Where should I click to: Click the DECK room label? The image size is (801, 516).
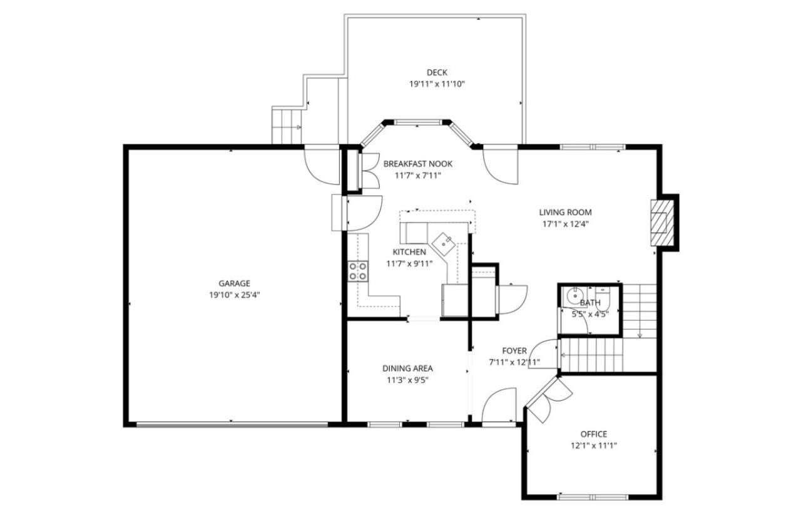[x=437, y=73]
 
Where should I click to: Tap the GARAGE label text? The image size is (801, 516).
[x=234, y=283]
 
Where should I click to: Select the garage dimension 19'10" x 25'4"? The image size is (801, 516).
[x=234, y=295]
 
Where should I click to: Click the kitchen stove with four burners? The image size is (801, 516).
[x=358, y=271]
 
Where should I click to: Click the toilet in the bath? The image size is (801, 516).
[x=603, y=293]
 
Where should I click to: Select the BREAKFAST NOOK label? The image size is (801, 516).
[x=417, y=164]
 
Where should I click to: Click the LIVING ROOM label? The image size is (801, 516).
[x=565, y=212]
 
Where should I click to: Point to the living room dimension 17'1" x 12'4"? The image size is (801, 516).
[x=565, y=224]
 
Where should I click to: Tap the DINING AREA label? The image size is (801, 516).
[x=407, y=368]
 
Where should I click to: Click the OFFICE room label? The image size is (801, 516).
[x=593, y=434]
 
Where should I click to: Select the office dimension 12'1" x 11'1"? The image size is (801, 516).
[x=593, y=446]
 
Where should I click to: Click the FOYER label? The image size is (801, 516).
[x=514, y=351]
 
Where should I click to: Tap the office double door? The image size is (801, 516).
[x=548, y=400]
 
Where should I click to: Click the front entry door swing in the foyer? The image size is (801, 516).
[x=500, y=405]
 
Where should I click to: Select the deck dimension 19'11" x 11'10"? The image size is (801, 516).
[x=437, y=84]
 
